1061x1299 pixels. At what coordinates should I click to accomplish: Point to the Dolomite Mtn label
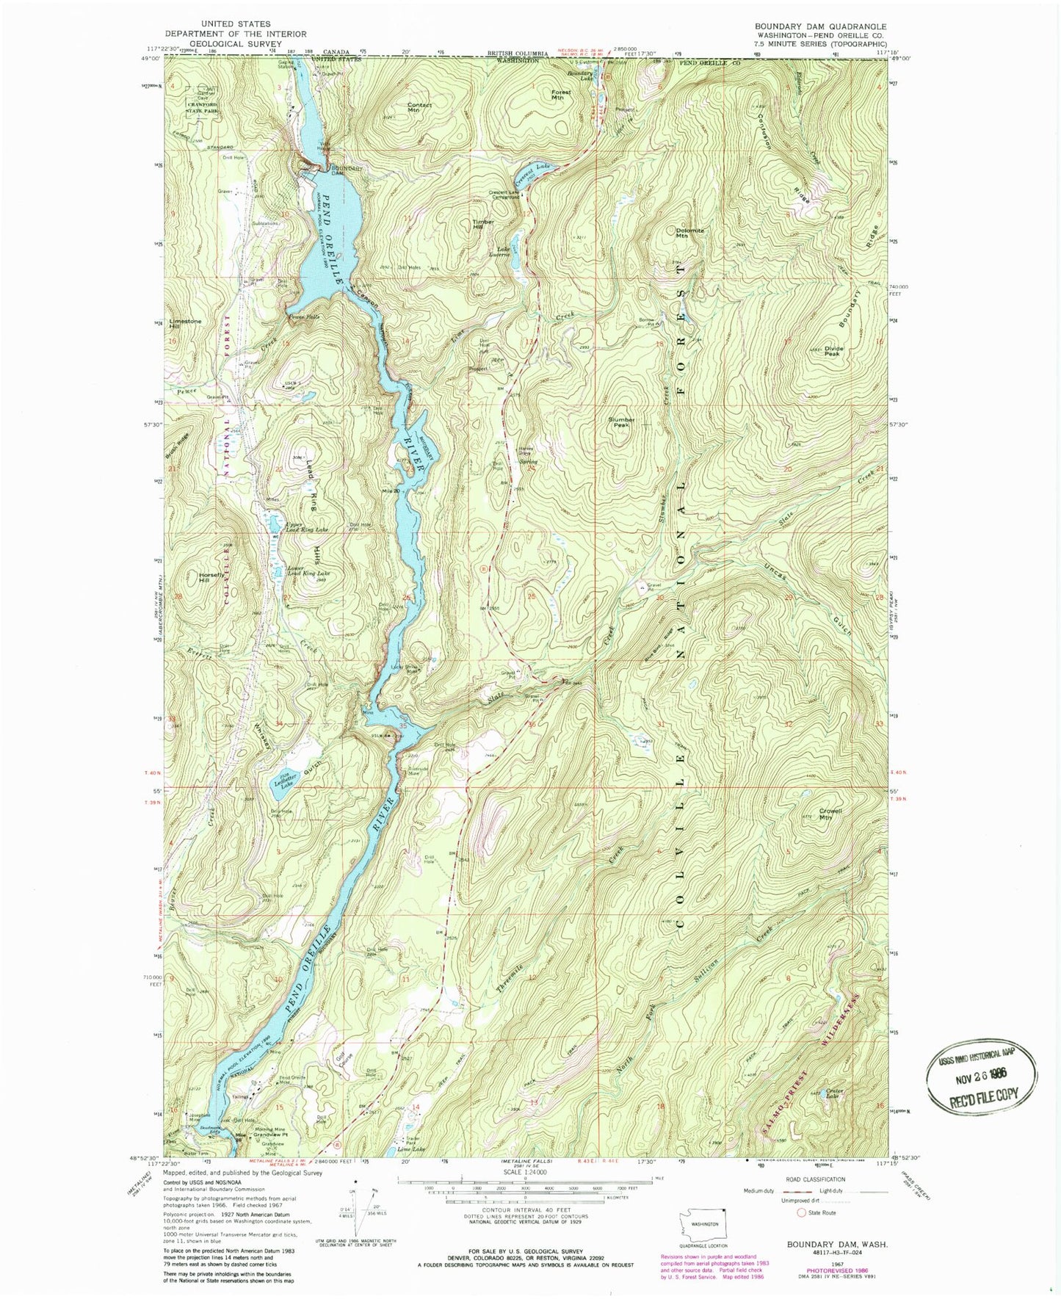point(689,234)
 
